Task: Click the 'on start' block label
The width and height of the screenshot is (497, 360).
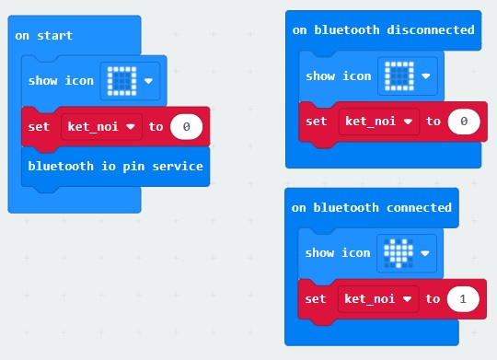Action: coord(44,36)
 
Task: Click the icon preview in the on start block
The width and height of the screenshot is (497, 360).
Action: coord(121,80)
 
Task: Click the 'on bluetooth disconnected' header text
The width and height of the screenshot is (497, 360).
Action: coord(383,30)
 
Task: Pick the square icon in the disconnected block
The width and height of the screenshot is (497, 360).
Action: coord(399,75)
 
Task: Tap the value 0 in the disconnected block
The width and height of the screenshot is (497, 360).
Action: coord(464,121)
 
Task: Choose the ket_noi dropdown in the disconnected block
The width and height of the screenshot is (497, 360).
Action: coord(378,121)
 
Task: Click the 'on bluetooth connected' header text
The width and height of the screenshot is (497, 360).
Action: coord(372,207)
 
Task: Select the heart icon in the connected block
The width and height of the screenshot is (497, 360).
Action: coord(398,252)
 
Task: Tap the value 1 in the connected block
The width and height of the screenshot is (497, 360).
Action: coord(462,298)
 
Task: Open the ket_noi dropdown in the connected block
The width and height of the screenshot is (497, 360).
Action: coord(378,298)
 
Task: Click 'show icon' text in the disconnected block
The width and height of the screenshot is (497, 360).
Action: coord(339,75)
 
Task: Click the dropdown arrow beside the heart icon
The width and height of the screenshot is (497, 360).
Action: coord(425,252)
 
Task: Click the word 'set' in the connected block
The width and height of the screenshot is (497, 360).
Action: coord(316,298)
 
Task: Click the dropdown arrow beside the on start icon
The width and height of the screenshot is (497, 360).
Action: coord(148,80)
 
